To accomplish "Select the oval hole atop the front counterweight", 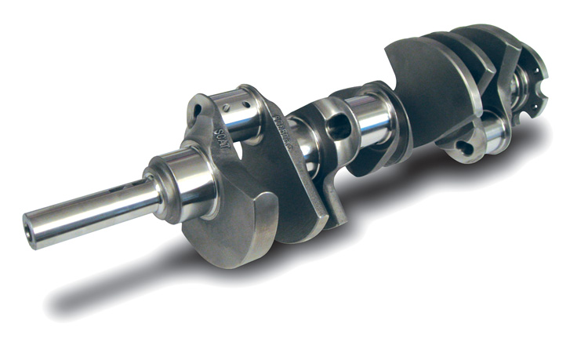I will [x=197, y=107].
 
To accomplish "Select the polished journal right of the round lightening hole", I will [x=369, y=118].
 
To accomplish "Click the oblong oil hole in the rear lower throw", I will [x=466, y=146].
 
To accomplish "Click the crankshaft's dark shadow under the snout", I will [x=118, y=294].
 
